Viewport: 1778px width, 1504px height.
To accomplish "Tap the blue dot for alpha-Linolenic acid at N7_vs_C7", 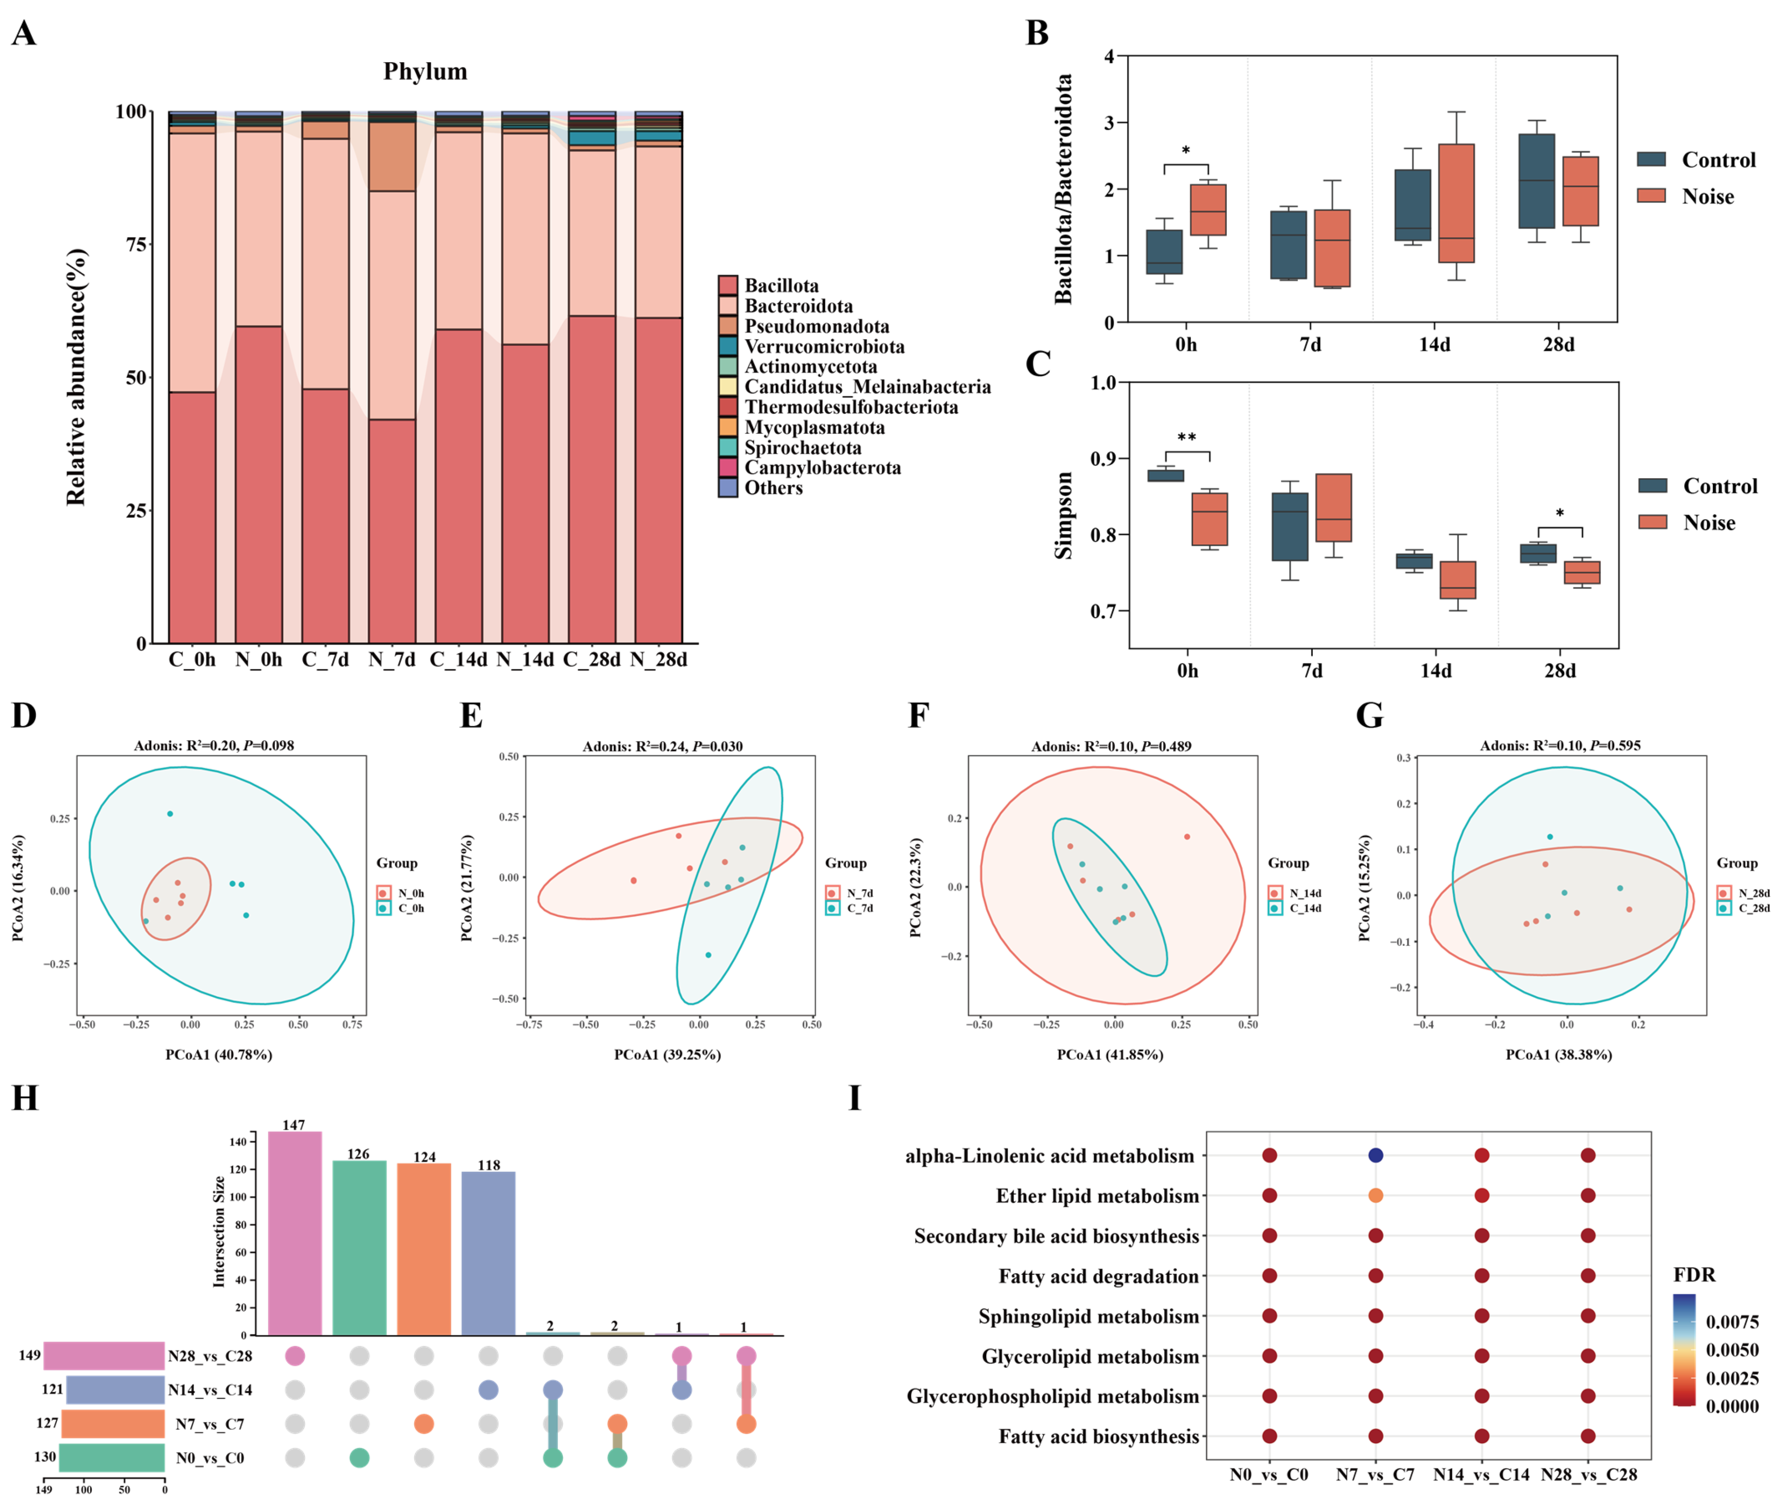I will coord(1375,1155).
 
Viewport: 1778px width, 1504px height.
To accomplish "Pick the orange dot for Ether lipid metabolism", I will coord(1375,1195).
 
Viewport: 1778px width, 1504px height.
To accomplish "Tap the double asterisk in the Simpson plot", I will coord(1186,437).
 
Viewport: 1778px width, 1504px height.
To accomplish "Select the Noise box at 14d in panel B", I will coord(1457,203).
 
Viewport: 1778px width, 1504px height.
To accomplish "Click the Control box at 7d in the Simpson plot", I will coord(1290,526).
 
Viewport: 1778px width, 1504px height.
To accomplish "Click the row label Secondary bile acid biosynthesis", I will coord(1056,1235).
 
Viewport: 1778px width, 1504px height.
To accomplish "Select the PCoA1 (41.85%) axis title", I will coord(1110,1055).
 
